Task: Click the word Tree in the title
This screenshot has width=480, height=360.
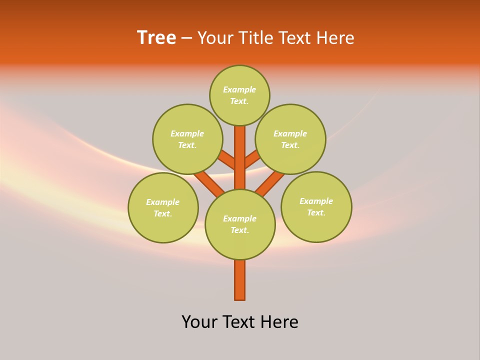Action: tap(156, 38)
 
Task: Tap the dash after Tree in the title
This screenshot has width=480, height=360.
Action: tap(186, 38)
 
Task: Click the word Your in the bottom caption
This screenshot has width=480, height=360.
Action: tap(200, 322)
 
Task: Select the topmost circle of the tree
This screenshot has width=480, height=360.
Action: tap(239, 95)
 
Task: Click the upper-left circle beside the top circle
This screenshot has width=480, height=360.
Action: tap(187, 139)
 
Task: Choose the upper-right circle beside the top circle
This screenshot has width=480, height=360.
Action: tap(290, 139)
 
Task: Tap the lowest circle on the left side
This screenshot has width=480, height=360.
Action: tap(163, 207)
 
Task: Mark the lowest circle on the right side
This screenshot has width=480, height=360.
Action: tap(316, 206)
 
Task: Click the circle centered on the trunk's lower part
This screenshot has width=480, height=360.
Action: tap(240, 224)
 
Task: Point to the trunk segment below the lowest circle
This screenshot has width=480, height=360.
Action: tap(240, 280)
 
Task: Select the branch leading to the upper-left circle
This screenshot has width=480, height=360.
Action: tap(228, 160)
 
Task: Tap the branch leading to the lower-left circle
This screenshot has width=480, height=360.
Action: tap(209, 183)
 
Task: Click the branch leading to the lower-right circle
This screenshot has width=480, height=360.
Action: tap(270, 183)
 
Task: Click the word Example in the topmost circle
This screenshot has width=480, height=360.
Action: tap(239, 90)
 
